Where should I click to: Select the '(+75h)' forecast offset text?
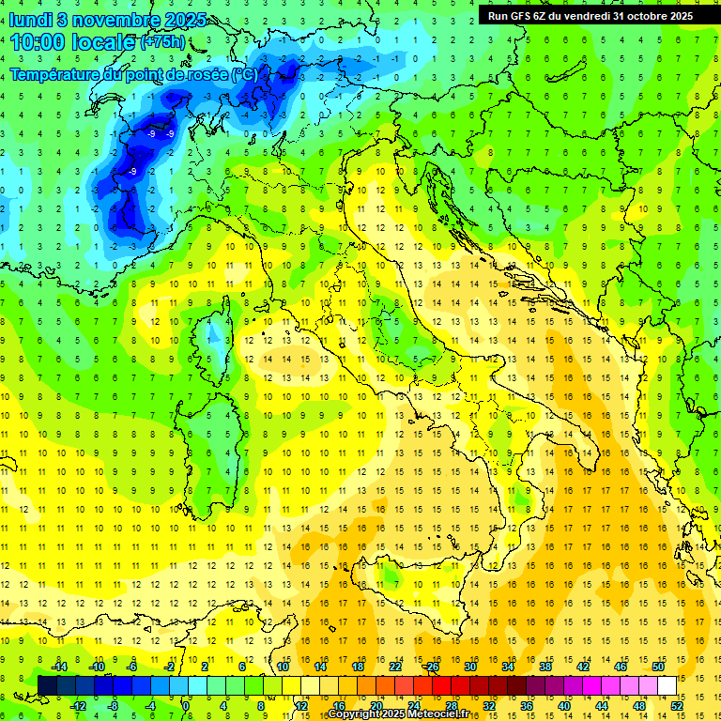click(162, 42)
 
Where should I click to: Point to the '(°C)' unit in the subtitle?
click(244, 74)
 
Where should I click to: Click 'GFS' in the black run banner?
click(530, 16)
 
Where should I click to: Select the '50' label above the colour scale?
click(658, 667)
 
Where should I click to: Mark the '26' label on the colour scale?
click(432, 667)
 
